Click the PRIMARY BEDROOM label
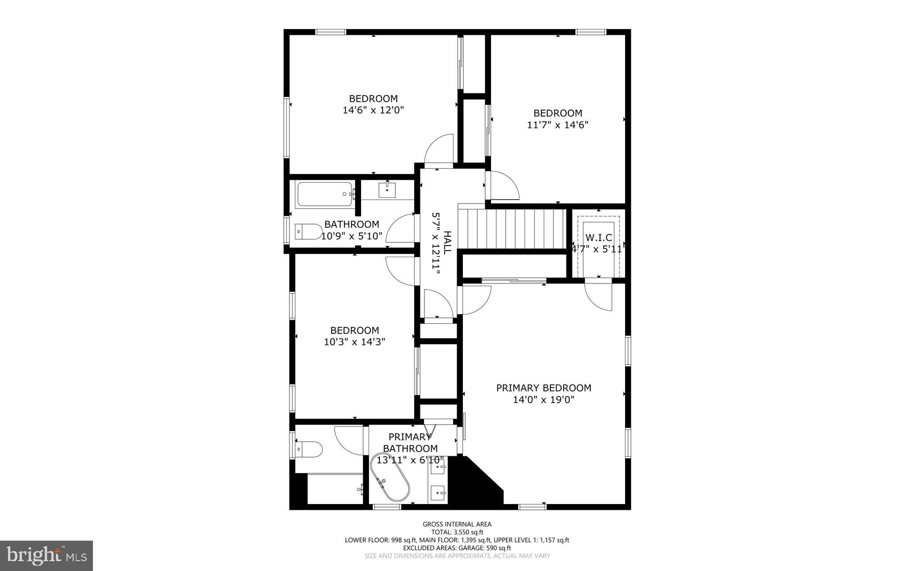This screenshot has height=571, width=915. coord(543,388)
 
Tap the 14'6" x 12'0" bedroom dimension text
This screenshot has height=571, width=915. coord(373,110)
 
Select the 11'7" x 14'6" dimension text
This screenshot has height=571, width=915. coord(558,125)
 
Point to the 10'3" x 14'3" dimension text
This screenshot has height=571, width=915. coord(354,342)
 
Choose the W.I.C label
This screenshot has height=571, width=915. coord(599,238)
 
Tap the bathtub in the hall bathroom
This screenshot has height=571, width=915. coord(324,194)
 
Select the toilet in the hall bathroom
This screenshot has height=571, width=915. coord(308,232)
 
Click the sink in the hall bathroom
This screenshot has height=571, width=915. coord(387,190)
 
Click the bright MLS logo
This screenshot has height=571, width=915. coord(46,555)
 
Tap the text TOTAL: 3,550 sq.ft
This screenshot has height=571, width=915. coord(457,532)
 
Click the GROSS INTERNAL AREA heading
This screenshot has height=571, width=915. coord(457,524)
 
